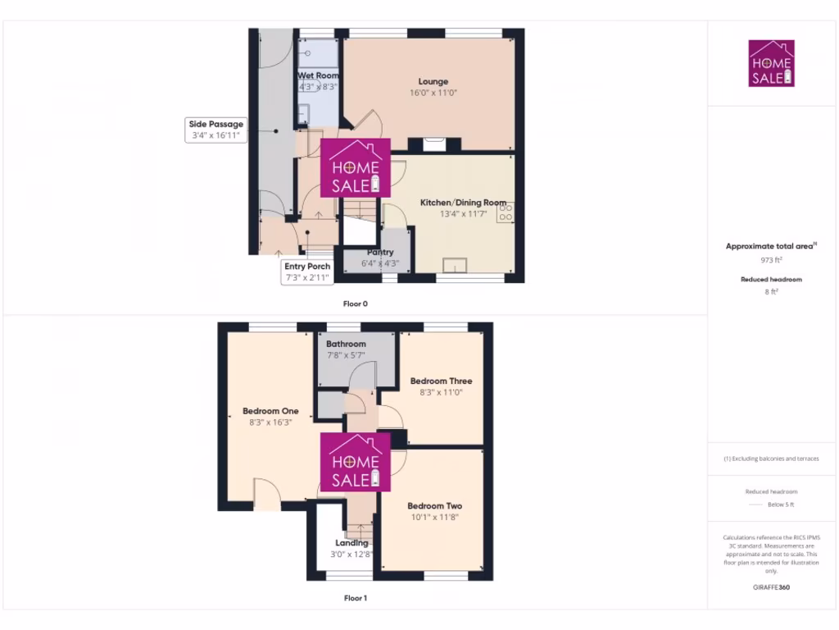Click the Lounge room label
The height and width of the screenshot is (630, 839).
(433, 81)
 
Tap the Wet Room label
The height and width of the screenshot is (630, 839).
(318, 75)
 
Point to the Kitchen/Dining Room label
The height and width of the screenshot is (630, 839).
(463, 203)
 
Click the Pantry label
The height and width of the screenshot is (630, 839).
(380, 253)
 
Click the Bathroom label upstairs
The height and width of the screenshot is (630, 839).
(346, 345)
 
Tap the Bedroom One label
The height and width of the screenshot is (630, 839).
(270, 411)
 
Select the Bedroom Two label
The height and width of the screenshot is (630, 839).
(435, 506)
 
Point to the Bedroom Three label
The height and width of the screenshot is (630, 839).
(441, 381)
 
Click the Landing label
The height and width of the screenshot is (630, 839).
(351, 543)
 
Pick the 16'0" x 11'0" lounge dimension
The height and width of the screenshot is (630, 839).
(433, 94)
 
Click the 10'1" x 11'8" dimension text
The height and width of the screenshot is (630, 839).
(435, 518)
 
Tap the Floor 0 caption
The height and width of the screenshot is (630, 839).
(355, 304)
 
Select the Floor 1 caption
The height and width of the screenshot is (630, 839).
(355, 599)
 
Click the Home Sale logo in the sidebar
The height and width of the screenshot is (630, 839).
(772, 63)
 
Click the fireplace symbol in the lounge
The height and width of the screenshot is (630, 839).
(434, 144)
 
